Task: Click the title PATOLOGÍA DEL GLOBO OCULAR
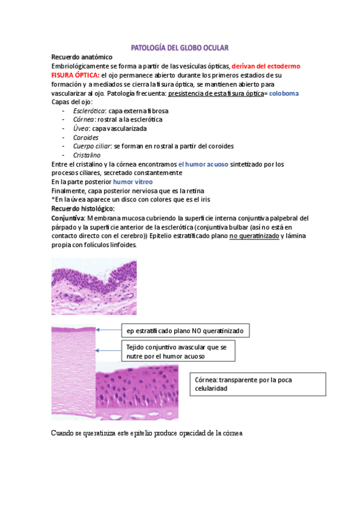(180, 47)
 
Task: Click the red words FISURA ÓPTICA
(75, 75)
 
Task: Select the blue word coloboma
(284, 94)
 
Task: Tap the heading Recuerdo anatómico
(81, 57)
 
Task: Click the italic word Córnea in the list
(85, 120)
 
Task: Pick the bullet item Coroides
(86, 137)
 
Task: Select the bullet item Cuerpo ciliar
(92, 146)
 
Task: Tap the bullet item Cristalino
(88, 155)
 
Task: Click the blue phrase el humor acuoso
(203, 164)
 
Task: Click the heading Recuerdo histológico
(82, 208)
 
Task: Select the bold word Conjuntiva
(68, 217)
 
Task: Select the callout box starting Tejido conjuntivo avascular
(177, 351)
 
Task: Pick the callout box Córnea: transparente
(258, 384)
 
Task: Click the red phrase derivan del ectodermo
(266, 66)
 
